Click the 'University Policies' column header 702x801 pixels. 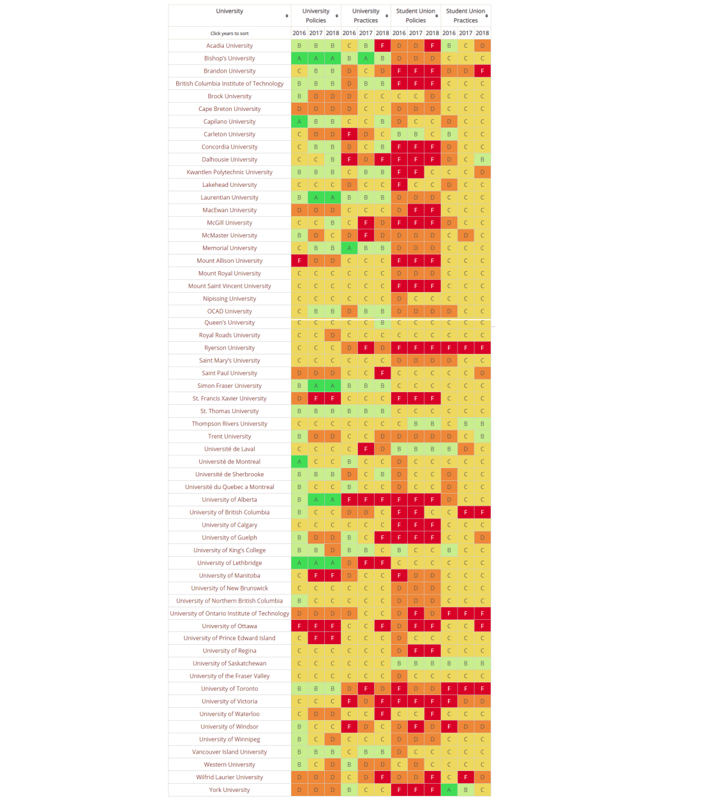point(315,15)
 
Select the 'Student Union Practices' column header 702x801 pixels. point(465,15)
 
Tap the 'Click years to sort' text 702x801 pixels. point(229,33)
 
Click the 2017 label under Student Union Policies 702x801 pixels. point(415,33)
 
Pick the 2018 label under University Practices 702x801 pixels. point(382,33)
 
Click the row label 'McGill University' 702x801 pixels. point(229,223)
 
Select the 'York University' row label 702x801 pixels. point(229,790)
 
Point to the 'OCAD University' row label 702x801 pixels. point(229,311)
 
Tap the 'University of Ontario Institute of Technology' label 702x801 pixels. point(229,614)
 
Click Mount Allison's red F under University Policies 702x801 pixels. point(299,261)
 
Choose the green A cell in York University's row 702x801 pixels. point(449,790)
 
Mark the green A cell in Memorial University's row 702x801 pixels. point(349,248)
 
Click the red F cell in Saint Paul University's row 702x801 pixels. point(382,373)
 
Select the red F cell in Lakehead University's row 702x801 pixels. point(399,185)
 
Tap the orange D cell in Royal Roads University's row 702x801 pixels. point(332,335)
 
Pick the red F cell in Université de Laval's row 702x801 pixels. point(366,449)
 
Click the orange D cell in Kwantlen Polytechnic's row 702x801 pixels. point(482,172)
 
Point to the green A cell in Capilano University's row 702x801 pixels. point(299,121)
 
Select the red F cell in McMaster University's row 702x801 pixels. point(366,235)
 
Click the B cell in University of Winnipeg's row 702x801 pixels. point(299,739)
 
